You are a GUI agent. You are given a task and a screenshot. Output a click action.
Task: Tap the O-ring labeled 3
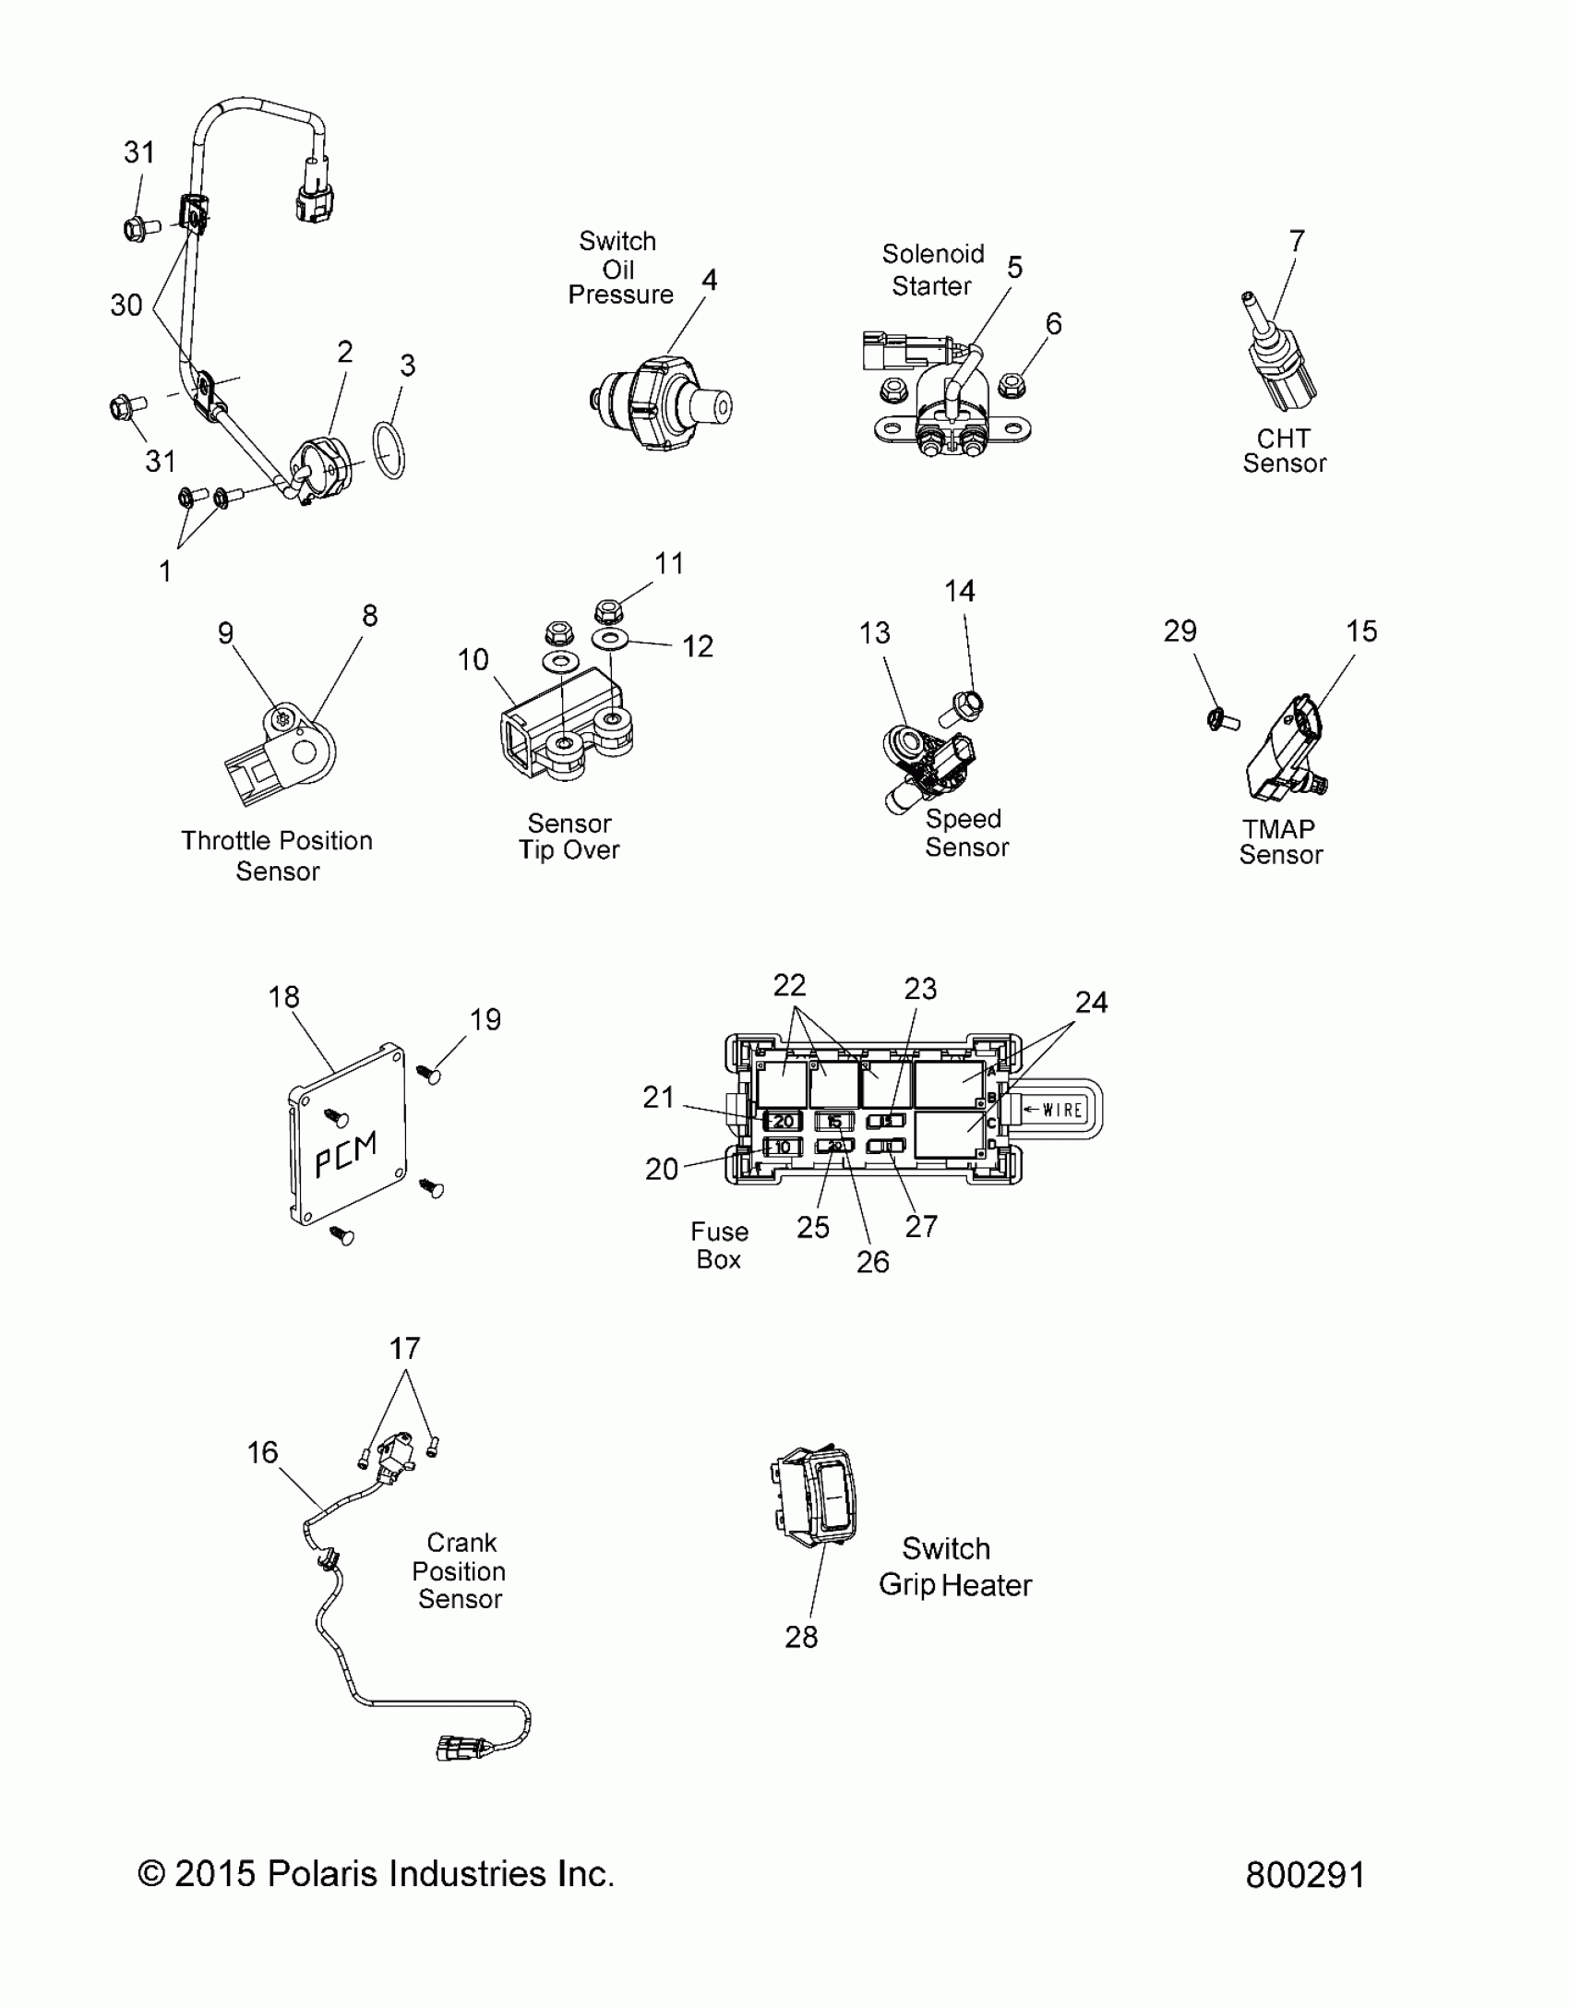pyautogui.click(x=389, y=450)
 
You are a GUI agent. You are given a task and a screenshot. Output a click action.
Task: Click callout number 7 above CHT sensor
pyautogui.click(x=1297, y=241)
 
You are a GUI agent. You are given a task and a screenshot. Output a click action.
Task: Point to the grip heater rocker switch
pyautogui.click(x=814, y=1496)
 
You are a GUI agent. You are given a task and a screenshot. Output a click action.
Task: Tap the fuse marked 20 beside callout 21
pyautogui.click(x=782, y=1122)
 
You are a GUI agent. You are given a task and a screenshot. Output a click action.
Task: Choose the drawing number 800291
pyautogui.click(x=1304, y=1875)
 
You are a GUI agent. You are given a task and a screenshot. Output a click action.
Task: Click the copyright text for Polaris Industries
pyautogui.click(x=376, y=1874)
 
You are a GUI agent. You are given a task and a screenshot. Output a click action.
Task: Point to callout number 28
pyautogui.click(x=801, y=1637)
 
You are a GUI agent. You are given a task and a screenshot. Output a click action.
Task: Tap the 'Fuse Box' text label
pyautogui.click(x=719, y=1245)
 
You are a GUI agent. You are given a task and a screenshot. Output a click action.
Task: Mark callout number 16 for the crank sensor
pyautogui.click(x=262, y=1452)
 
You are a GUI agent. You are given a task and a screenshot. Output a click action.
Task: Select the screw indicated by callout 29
pyautogui.click(x=1221, y=718)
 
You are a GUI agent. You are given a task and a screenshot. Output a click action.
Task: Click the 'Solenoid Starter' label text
pyautogui.click(x=932, y=270)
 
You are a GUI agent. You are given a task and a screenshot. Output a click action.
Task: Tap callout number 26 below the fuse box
pyautogui.click(x=872, y=1262)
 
